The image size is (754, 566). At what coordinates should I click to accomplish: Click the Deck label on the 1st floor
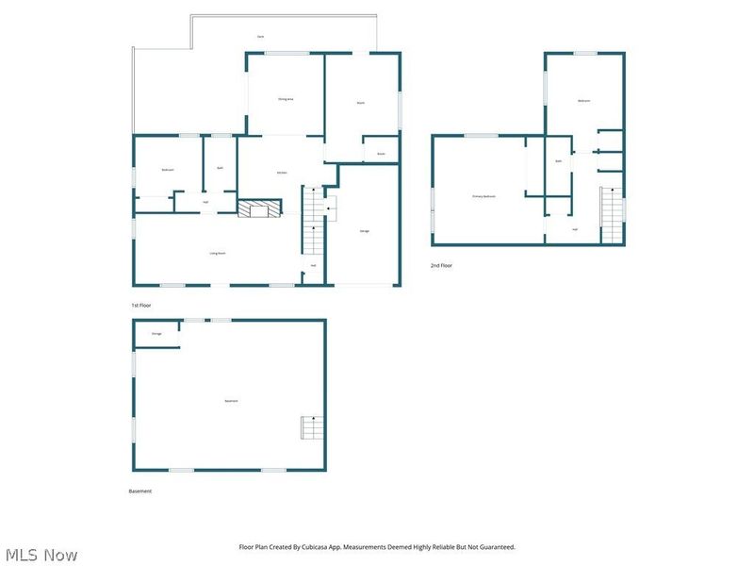[x=260, y=36]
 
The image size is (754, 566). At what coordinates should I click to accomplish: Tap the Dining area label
[x=286, y=99]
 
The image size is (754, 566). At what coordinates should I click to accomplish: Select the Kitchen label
[x=282, y=173]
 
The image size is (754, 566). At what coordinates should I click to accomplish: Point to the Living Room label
[x=217, y=253]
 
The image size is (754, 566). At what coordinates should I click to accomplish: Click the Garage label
[x=365, y=231]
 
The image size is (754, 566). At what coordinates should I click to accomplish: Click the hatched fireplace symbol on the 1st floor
[x=259, y=208]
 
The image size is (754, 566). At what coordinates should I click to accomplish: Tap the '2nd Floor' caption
[x=442, y=266]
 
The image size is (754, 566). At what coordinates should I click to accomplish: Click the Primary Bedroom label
[x=484, y=196]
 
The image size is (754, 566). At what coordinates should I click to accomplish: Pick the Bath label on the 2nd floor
[x=559, y=161]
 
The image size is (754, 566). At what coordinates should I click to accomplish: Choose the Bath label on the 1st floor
[x=220, y=168]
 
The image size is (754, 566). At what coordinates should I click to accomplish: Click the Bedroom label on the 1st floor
[x=168, y=169]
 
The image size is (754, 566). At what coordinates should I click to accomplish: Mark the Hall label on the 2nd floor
[x=575, y=229]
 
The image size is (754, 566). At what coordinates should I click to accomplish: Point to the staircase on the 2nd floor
[x=613, y=215]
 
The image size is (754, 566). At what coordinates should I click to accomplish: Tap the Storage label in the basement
[x=156, y=334]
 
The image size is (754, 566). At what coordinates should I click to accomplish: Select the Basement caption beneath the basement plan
[x=140, y=491]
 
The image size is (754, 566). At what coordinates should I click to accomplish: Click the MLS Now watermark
[x=41, y=555]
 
